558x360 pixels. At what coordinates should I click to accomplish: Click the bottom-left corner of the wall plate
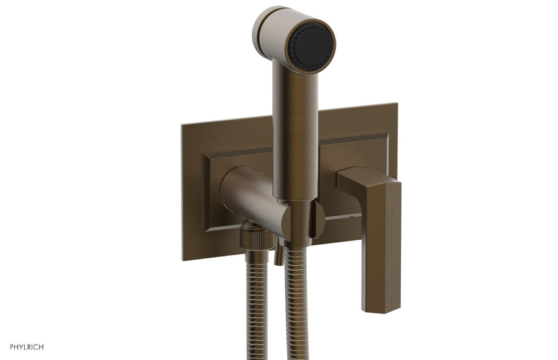(184, 258)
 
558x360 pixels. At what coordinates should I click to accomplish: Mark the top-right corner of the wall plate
(396, 104)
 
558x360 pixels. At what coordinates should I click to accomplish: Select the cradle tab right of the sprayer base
(317, 219)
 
